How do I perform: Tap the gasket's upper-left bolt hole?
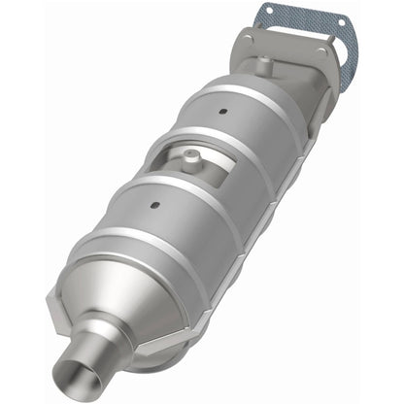click(x=267, y=13)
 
